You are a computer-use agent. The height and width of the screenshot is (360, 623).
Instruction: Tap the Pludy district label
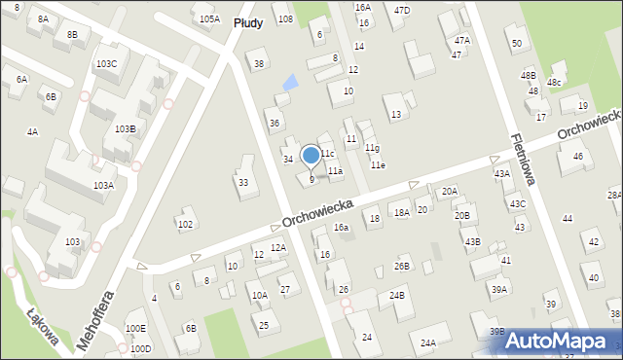(x=250, y=20)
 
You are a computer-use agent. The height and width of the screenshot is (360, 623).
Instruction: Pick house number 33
(x=242, y=182)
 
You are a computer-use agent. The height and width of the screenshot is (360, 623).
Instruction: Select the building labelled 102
(x=185, y=224)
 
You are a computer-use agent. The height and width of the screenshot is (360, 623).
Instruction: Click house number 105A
(x=208, y=18)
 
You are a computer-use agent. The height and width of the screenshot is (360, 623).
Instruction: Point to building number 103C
(x=105, y=63)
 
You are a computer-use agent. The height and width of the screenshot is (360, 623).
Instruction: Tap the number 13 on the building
(x=395, y=115)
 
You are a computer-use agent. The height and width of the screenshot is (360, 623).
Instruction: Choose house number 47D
(x=401, y=10)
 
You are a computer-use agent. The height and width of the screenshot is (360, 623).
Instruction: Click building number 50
(x=516, y=43)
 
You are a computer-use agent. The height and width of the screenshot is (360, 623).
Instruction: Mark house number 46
(x=577, y=156)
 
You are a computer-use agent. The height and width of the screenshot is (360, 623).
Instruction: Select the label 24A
(x=427, y=342)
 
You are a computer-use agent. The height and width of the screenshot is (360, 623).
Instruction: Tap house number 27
(x=285, y=289)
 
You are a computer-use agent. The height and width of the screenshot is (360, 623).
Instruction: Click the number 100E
(x=135, y=329)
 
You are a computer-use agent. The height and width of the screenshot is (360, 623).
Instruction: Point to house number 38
(x=258, y=64)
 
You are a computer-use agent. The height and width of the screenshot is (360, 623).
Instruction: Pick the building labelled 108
(x=284, y=18)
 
